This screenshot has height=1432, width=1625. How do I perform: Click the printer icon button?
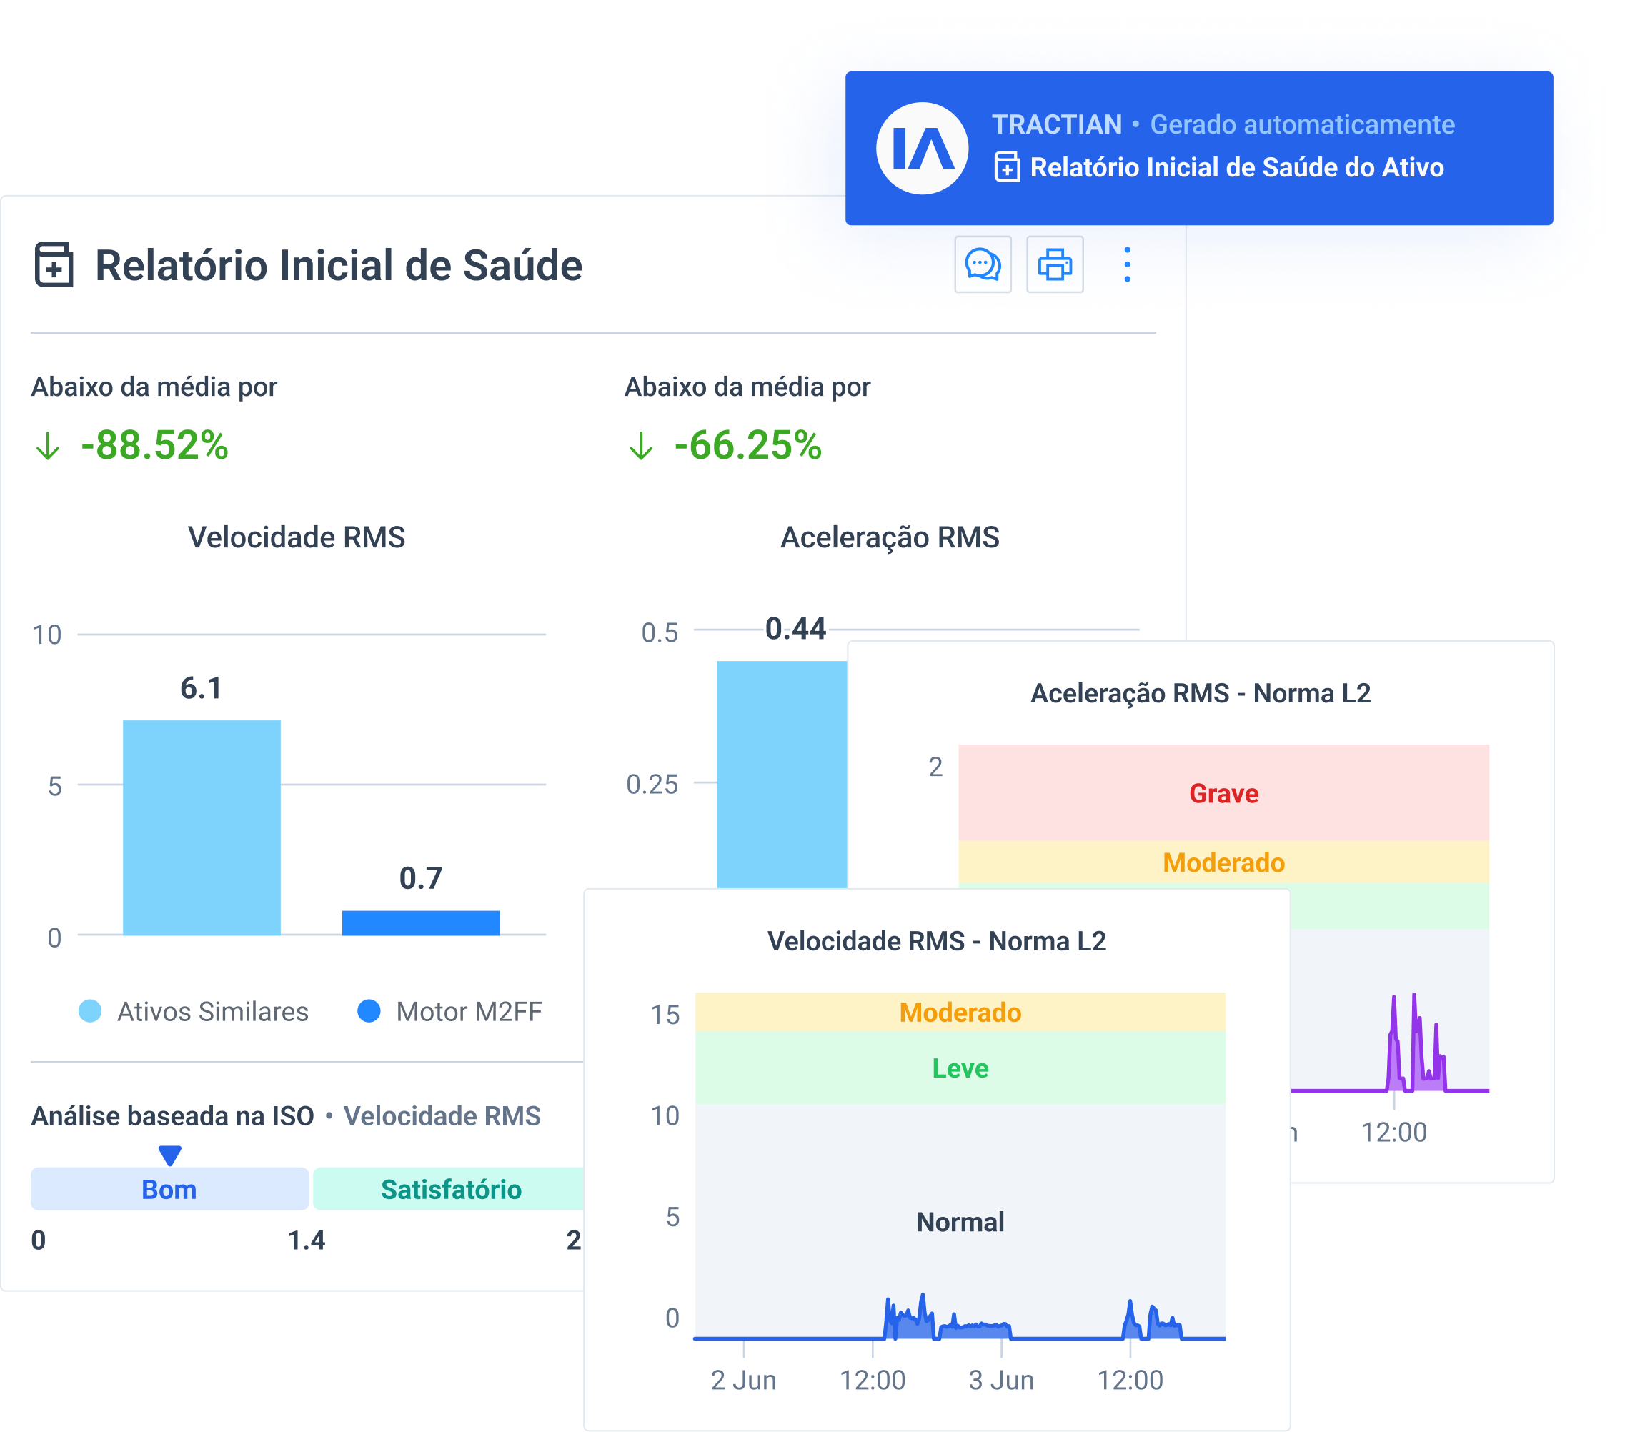point(1054,265)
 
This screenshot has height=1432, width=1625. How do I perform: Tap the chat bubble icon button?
point(983,265)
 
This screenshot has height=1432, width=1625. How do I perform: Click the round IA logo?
point(923,148)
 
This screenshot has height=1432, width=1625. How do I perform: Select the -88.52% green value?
point(154,445)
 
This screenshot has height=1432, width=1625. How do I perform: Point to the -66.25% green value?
point(747,445)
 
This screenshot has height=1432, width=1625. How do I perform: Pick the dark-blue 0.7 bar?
point(421,923)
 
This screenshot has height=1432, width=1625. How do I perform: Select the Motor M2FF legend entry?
point(451,1011)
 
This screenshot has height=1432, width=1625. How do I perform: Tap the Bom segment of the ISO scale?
point(169,1190)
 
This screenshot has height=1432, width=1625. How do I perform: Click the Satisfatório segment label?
point(451,1190)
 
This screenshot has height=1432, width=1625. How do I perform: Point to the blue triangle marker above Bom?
point(169,1154)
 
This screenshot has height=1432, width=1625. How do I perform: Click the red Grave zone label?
point(1223,793)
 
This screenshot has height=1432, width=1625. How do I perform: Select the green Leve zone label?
point(960,1068)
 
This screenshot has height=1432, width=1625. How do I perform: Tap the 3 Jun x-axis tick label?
point(1001,1381)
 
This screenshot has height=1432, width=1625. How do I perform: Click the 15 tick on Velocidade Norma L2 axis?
point(665,1015)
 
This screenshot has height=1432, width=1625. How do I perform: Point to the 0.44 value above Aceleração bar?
point(795,629)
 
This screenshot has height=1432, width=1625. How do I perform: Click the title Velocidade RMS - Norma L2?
point(937,941)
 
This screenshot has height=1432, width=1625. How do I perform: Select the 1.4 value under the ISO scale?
point(306,1240)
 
